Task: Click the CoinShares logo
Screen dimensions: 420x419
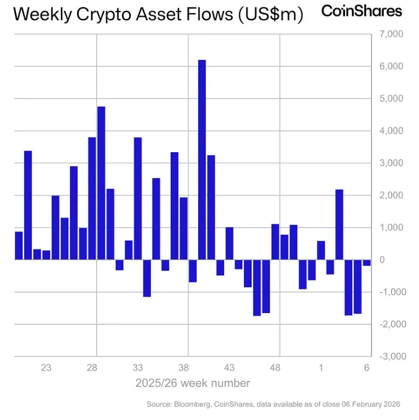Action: click(x=362, y=10)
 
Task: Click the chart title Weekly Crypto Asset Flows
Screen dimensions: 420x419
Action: click(x=158, y=15)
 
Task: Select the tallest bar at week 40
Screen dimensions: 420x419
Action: click(x=202, y=159)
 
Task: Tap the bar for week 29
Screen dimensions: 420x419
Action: click(x=101, y=182)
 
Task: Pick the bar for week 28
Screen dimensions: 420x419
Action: click(x=92, y=198)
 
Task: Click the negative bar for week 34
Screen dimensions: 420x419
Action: click(x=147, y=278)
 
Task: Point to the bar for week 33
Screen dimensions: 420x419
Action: click(x=138, y=198)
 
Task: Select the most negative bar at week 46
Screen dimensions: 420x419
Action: click(x=257, y=287)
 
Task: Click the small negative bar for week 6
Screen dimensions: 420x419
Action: click(x=367, y=262)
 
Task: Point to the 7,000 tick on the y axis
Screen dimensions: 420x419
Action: click(x=393, y=35)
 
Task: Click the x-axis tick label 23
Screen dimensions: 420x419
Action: click(x=46, y=368)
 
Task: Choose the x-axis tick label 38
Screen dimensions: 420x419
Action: click(x=184, y=368)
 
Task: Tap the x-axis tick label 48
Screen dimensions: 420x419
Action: click(x=275, y=368)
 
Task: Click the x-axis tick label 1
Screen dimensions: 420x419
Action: click(x=321, y=368)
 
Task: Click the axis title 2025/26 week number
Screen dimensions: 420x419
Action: click(x=193, y=383)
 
